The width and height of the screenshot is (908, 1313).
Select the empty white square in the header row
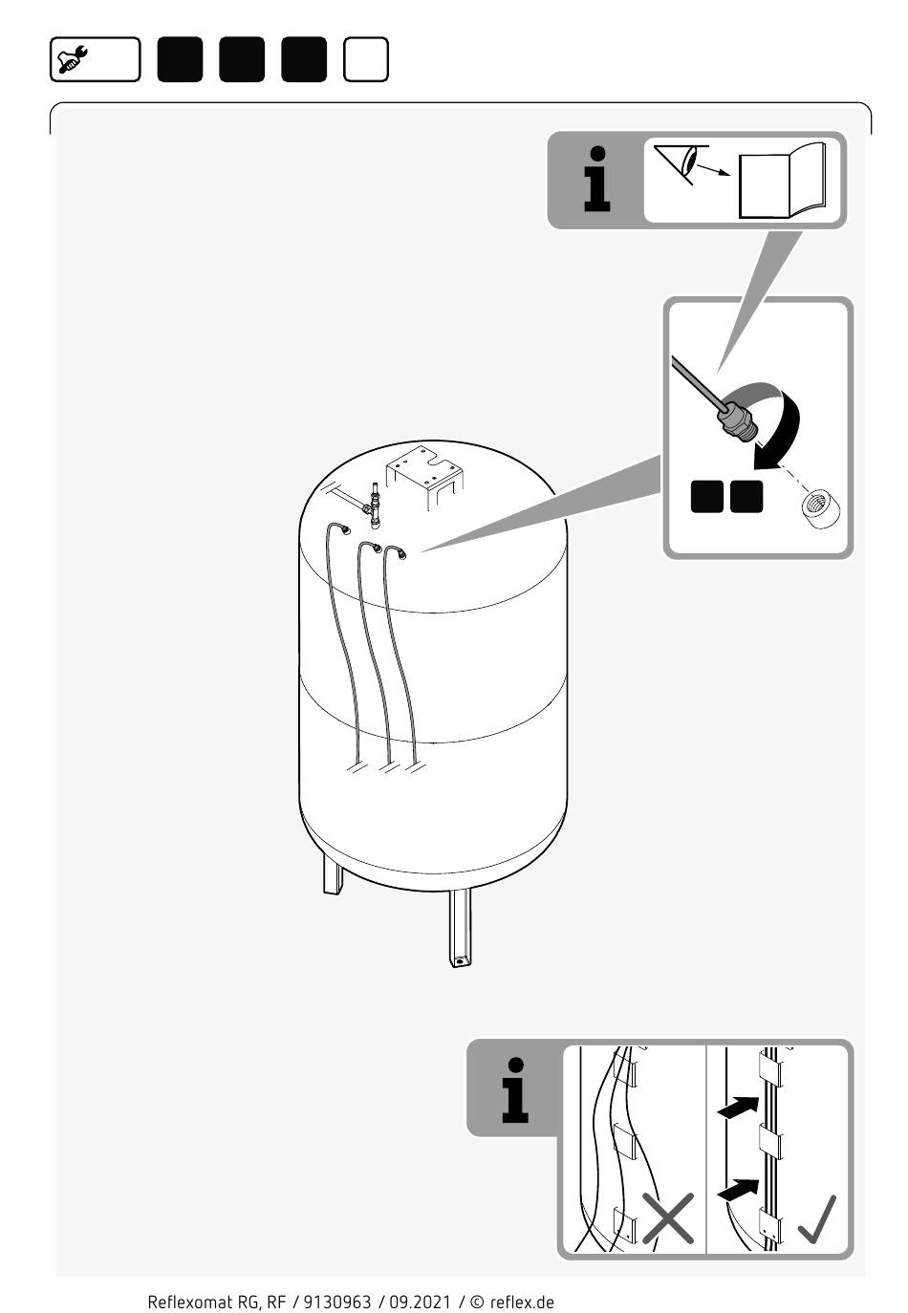click(x=365, y=59)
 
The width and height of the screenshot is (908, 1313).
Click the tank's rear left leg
click(x=333, y=873)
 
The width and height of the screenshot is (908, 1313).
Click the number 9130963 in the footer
click(x=337, y=1302)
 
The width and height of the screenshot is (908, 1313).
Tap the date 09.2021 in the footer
click(x=420, y=1302)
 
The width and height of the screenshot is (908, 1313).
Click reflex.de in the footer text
click(x=522, y=1302)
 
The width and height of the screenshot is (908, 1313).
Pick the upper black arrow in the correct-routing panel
click(x=738, y=1108)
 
